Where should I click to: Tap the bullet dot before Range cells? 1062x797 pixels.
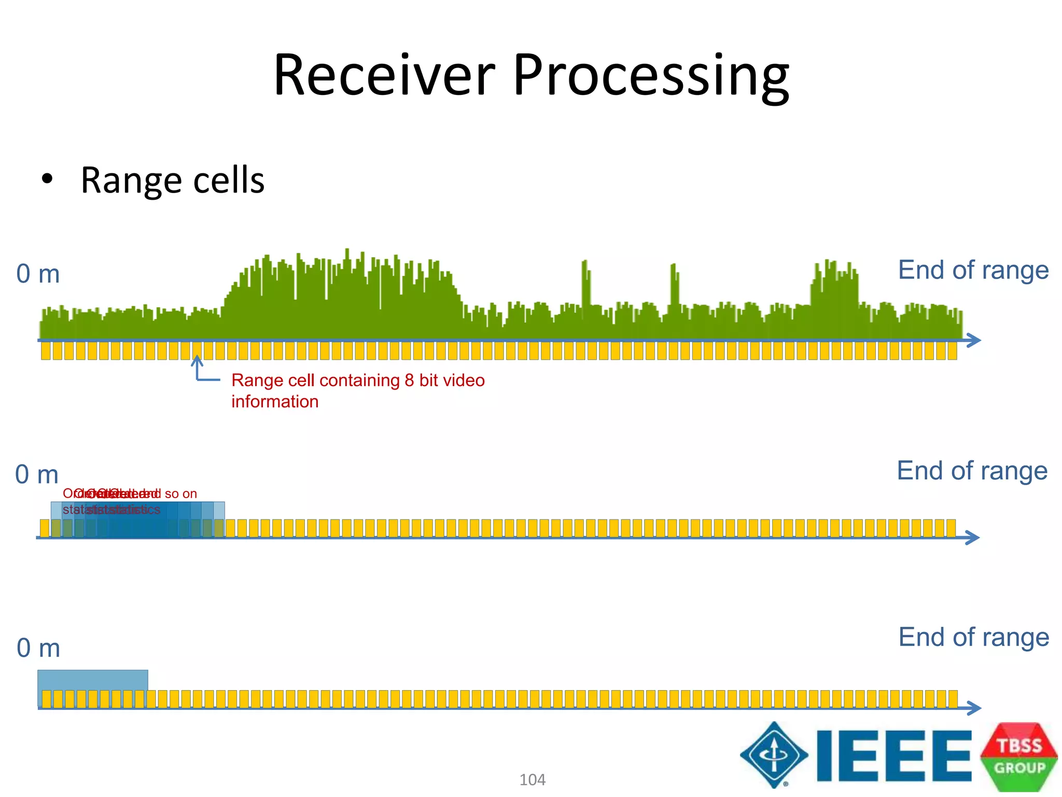(x=47, y=180)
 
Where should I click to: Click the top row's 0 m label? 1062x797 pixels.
(x=38, y=274)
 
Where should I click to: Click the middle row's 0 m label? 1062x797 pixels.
(x=37, y=475)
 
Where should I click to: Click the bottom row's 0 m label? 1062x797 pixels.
(x=38, y=648)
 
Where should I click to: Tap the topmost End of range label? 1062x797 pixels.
(x=973, y=270)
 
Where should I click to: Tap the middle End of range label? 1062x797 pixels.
(x=972, y=471)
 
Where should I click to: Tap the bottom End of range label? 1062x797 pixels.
(x=973, y=637)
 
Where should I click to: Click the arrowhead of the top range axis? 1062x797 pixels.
(x=974, y=340)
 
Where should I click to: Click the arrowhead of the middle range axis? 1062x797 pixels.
(x=973, y=538)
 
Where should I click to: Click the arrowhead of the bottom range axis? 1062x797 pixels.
(x=974, y=708)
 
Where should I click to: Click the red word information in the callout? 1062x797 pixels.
(x=275, y=402)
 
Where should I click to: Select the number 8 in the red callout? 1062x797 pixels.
(x=409, y=380)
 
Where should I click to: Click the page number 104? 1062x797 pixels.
(x=532, y=780)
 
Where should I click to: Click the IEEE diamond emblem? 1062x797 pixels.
(x=774, y=754)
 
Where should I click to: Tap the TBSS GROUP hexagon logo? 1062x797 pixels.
(x=1019, y=756)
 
